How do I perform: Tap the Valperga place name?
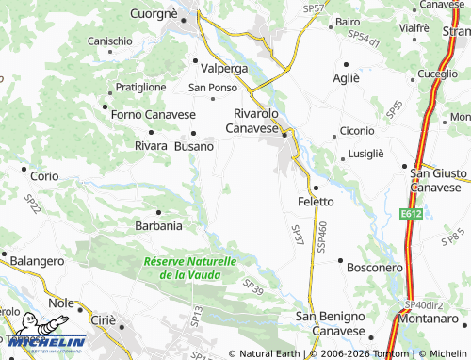(x=224, y=69)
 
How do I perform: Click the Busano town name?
(x=194, y=147)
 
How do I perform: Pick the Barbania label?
(x=159, y=226)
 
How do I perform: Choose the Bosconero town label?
(x=375, y=268)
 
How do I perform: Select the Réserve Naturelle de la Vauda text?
(x=190, y=268)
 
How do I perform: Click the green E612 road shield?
(x=410, y=215)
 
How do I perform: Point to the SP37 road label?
(x=298, y=236)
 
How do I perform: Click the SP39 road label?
(x=253, y=286)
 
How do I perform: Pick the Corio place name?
(x=44, y=176)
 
